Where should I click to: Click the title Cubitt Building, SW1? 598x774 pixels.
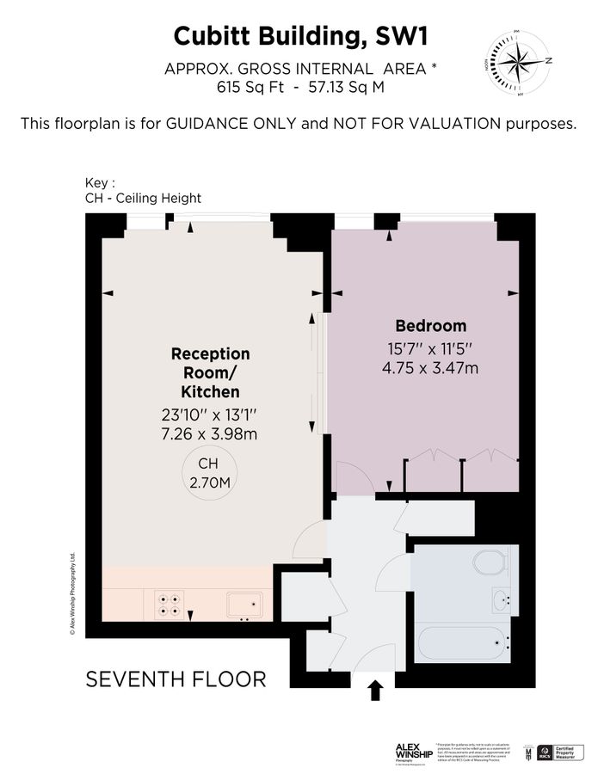(299, 36)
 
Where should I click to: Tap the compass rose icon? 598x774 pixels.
(518, 59)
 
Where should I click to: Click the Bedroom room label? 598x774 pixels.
(430, 326)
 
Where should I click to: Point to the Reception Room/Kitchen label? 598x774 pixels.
(211, 372)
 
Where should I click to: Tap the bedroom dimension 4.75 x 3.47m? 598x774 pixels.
(430, 368)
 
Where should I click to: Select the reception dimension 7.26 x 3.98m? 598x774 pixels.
(210, 433)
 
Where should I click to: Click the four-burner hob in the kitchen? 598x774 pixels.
(169, 604)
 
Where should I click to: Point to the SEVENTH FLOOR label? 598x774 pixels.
(176, 679)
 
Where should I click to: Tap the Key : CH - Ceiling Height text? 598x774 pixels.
(142, 191)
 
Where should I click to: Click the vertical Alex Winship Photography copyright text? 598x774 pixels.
(74, 593)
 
